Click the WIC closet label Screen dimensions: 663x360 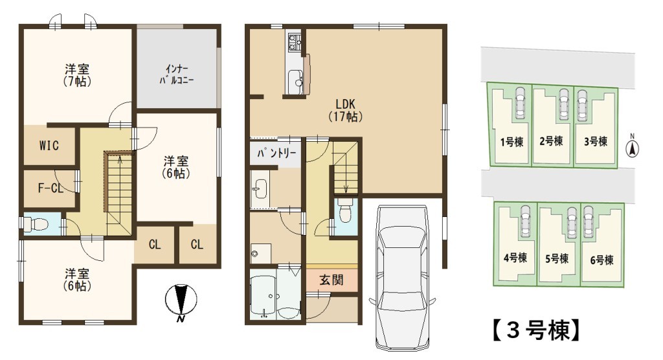[x=49, y=146]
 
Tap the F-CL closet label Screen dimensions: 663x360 [x=51, y=188]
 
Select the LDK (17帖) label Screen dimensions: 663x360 [x=346, y=111]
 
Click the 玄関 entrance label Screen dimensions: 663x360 [x=331, y=280]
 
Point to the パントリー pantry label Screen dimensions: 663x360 [x=276, y=153]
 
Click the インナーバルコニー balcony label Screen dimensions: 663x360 [x=177, y=74]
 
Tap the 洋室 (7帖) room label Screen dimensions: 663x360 [x=78, y=75]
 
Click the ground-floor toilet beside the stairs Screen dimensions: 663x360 [x=345, y=212]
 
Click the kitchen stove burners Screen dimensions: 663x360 [x=294, y=41]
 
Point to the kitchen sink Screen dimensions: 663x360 [x=295, y=78]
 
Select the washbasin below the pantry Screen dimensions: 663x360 [x=260, y=188]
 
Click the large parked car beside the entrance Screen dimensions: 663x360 [x=402, y=278]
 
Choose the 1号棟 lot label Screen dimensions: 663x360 [x=511, y=142]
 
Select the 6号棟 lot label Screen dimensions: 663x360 [x=601, y=260]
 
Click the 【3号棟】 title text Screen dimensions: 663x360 [x=535, y=330]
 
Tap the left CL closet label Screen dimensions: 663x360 [x=155, y=244]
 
